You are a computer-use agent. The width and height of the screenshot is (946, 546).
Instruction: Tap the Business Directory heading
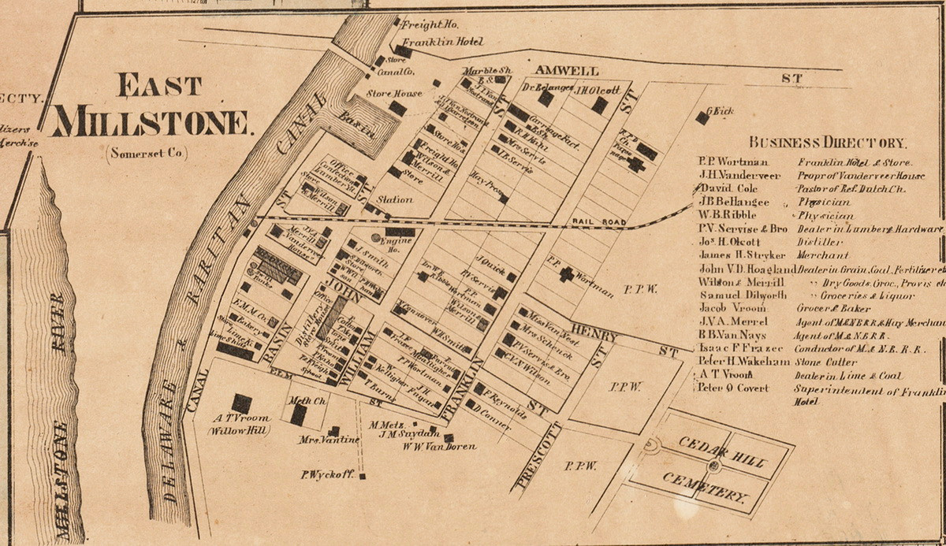click(828, 143)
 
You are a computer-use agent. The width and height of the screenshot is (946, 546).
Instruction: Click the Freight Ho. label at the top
click(425, 24)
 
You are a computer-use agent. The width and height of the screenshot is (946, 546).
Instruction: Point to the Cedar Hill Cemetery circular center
click(714, 466)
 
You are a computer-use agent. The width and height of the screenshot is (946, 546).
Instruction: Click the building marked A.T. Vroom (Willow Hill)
click(240, 403)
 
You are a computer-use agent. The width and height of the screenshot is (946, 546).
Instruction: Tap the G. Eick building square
click(702, 117)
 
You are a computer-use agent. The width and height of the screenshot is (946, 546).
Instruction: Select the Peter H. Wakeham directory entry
click(743, 362)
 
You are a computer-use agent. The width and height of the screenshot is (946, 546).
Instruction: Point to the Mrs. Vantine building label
click(316, 440)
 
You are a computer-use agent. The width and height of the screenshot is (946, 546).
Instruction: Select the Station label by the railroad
click(395, 200)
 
